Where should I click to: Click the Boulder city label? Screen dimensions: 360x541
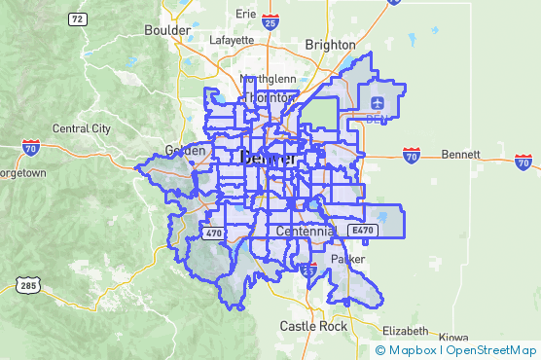167,30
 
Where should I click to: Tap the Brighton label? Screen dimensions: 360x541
331,44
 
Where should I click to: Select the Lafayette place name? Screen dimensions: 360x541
232,41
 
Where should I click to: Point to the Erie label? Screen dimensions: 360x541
245,15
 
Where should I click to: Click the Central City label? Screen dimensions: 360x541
81,127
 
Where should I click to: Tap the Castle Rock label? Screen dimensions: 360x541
313,327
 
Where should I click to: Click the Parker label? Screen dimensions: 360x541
347,260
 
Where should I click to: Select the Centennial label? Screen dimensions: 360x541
306,232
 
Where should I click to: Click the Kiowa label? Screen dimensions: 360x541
453,338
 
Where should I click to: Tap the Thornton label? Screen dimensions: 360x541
270,98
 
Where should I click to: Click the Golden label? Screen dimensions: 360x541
186,151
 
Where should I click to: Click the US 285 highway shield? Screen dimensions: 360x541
25,284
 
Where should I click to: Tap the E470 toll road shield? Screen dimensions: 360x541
363,231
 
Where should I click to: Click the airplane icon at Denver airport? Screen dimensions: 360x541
378,102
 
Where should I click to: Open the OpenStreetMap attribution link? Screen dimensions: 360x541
492,350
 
